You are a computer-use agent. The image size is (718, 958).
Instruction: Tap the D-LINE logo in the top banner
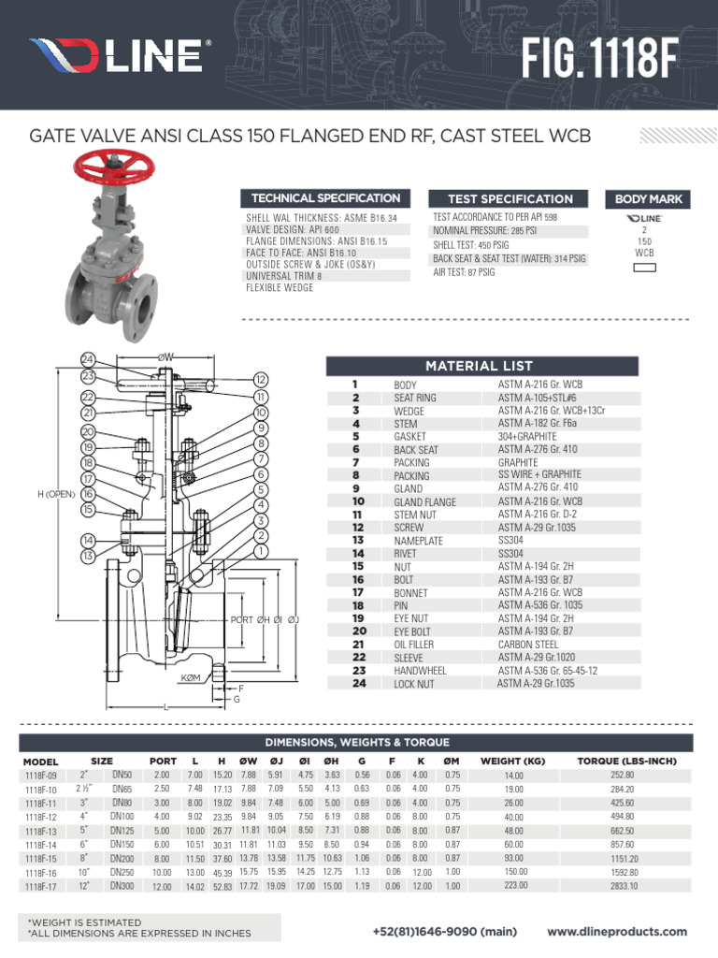click(x=118, y=56)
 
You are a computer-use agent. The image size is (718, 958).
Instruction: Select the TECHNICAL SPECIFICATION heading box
click(x=324, y=198)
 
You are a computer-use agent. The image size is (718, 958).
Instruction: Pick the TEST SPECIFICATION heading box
click(x=510, y=199)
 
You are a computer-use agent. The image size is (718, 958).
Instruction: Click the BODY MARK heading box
click(x=648, y=199)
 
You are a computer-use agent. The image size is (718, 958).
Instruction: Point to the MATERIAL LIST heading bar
click(x=480, y=366)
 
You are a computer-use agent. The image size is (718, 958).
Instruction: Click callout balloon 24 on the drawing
click(x=89, y=360)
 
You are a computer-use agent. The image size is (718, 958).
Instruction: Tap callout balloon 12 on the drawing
click(x=261, y=380)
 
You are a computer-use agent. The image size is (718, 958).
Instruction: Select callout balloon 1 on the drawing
click(x=261, y=552)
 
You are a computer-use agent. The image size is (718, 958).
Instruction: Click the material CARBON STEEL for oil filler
click(x=529, y=645)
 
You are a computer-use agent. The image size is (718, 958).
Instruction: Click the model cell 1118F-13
click(x=41, y=831)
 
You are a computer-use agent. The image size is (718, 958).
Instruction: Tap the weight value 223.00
click(x=514, y=886)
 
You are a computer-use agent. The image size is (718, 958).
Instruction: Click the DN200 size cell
click(x=122, y=858)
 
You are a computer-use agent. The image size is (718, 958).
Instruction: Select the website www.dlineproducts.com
click(x=616, y=932)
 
